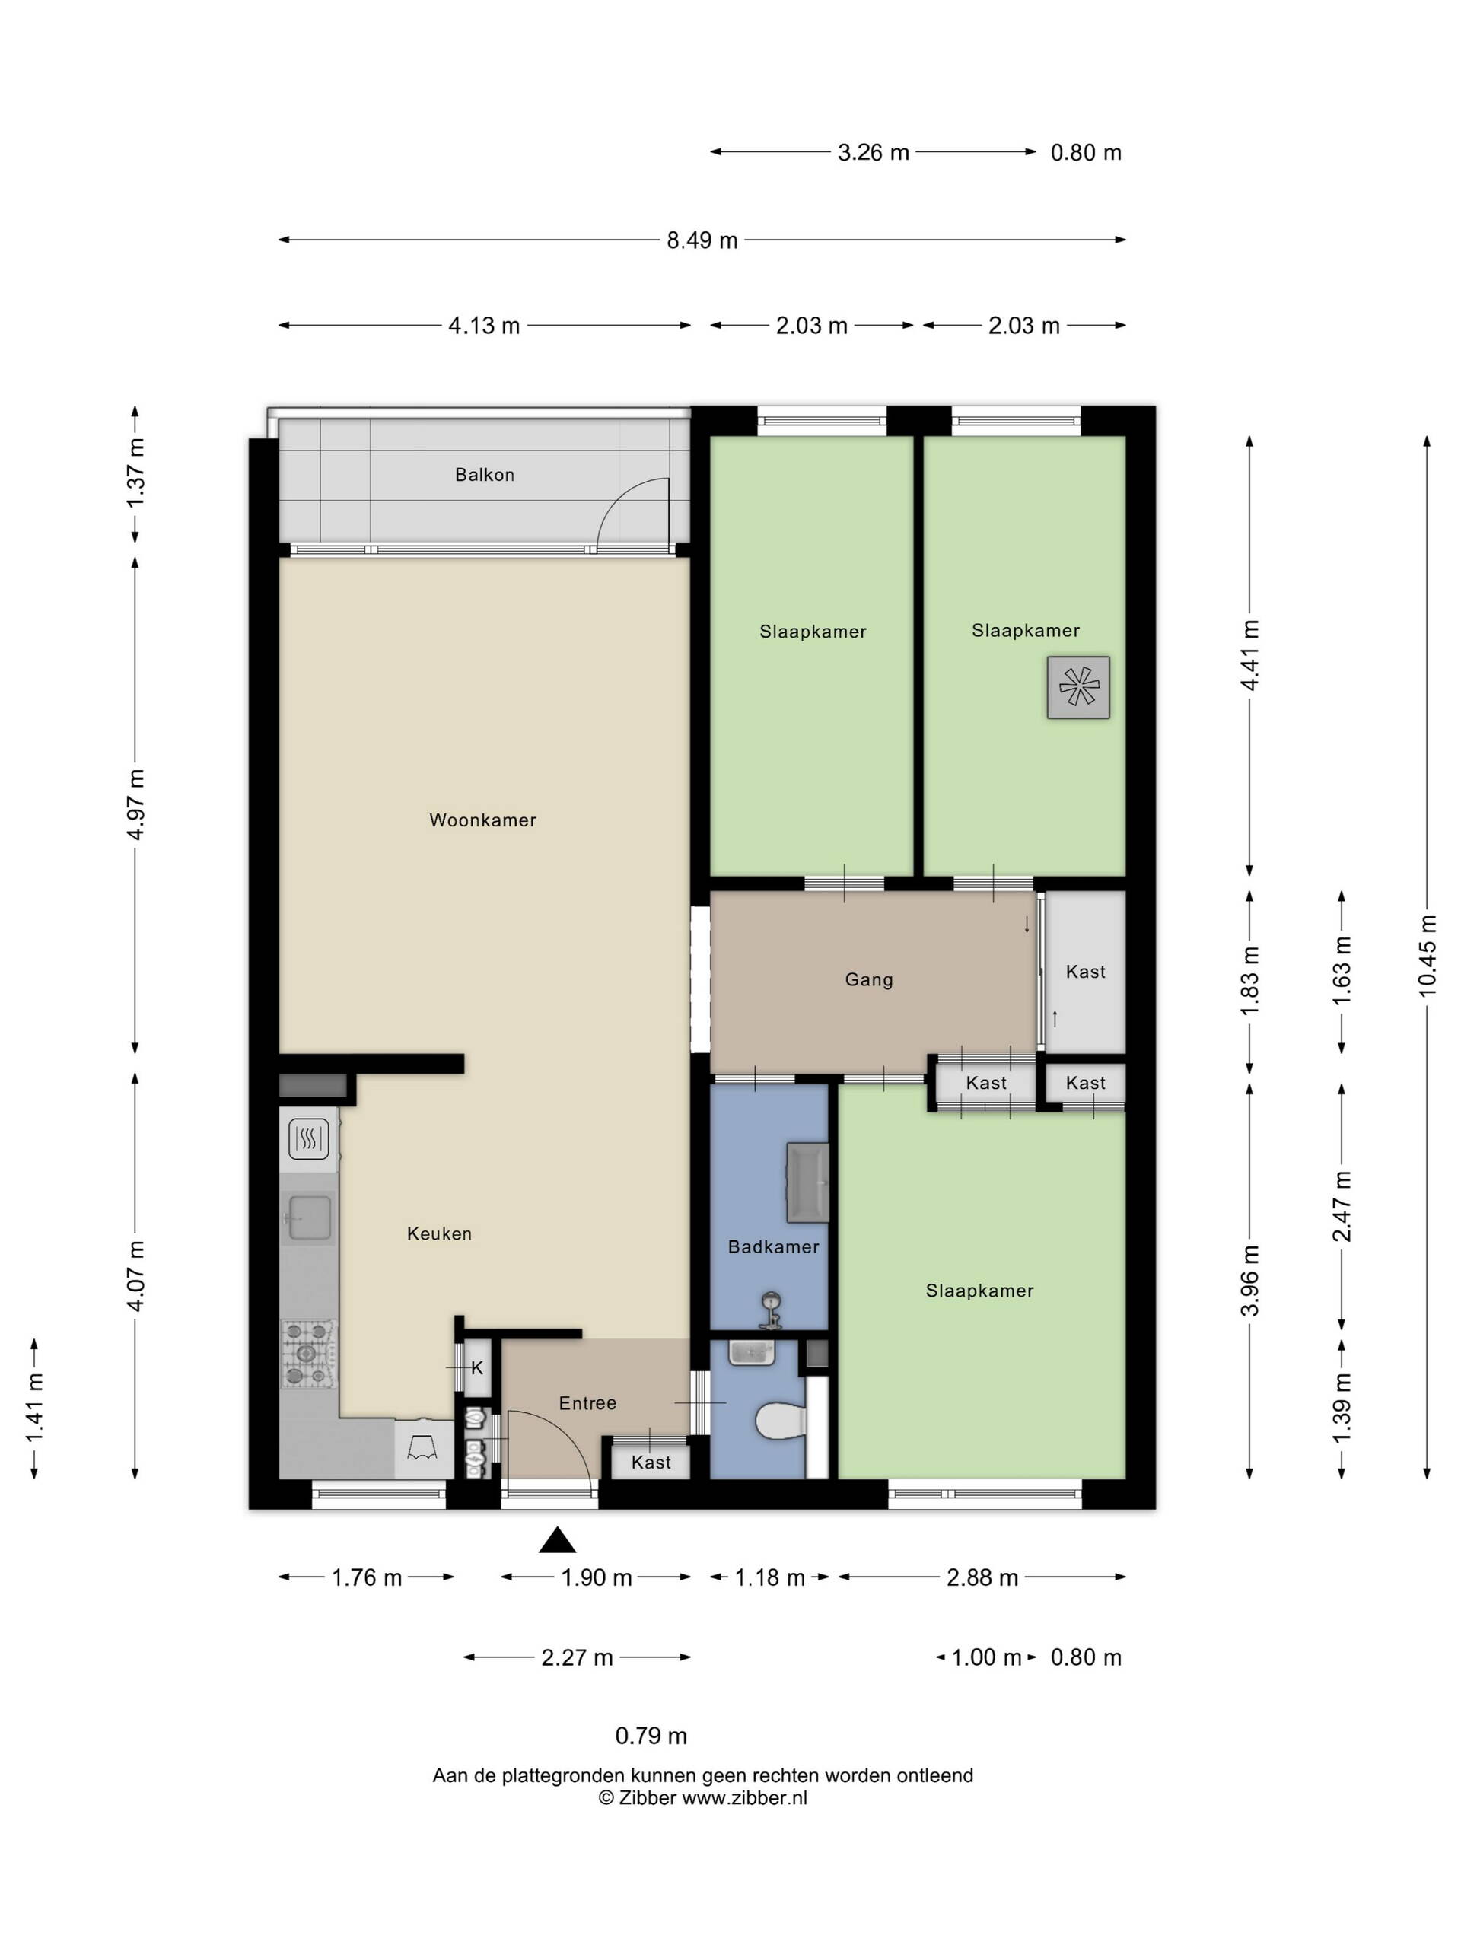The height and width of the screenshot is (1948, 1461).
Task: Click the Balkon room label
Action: tap(485, 475)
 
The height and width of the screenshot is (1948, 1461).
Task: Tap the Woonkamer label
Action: tap(482, 820)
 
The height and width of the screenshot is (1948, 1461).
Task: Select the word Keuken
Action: tap(440, 1233)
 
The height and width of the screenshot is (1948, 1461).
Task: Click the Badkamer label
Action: tap(773, 1246)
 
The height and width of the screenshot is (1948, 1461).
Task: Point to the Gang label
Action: tap(869, 979)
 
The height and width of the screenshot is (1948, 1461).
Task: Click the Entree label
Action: tap(587, 1403)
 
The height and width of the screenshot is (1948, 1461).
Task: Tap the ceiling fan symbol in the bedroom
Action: tap(1078, 687)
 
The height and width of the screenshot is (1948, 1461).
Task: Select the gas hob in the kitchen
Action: tap(308, 1354)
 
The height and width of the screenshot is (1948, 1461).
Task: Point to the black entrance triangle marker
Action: tap(558, 1540)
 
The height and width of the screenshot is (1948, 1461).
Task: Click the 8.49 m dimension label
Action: tap(702, 240)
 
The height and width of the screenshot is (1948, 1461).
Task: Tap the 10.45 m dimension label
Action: tap(1428, 956)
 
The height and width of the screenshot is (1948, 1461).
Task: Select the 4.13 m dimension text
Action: tap(485, 326)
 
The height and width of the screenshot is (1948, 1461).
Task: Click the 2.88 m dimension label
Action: tap(982, 1577)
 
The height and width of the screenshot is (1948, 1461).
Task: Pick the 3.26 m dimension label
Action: tap(873, 152)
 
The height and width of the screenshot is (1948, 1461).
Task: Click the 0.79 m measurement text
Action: tap(651, 1736)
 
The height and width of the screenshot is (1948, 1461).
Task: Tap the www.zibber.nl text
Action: tap(744, 1798)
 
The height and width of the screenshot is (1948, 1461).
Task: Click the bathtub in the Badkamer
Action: tap(807, 1182)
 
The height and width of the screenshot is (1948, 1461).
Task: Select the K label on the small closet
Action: tap(477, 1368)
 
